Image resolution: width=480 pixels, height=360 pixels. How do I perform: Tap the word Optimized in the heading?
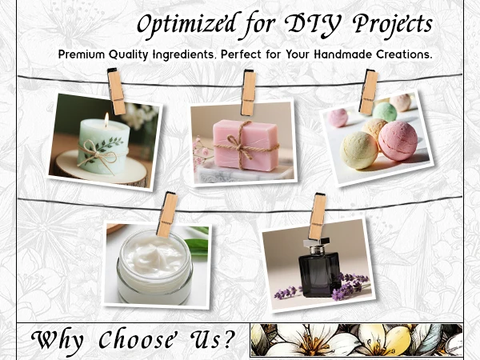click(186, 25)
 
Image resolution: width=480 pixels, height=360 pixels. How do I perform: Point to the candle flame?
click(106, 118)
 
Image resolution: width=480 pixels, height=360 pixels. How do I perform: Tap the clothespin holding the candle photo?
click(116, 91)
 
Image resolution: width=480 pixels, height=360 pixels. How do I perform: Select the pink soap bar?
click(246, 145)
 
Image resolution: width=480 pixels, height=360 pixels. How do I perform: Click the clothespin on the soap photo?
click(248, 93)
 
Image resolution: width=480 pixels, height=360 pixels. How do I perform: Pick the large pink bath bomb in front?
click(398, 141)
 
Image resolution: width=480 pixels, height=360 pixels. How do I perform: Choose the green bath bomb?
click(385, 112)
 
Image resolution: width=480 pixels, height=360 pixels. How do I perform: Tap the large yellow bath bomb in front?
click(359, 150)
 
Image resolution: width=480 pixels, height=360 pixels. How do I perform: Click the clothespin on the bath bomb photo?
click(369, 92)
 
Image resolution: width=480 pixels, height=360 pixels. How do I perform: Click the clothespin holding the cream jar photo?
click(167, 214)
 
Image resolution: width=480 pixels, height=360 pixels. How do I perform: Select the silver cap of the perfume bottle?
click(317, 246)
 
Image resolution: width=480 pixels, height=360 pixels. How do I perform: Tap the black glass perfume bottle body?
click(319, 275)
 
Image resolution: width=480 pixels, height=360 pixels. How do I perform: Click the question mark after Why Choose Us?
click(228, 338)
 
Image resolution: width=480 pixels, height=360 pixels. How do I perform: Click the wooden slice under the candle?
click(101, 171)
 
